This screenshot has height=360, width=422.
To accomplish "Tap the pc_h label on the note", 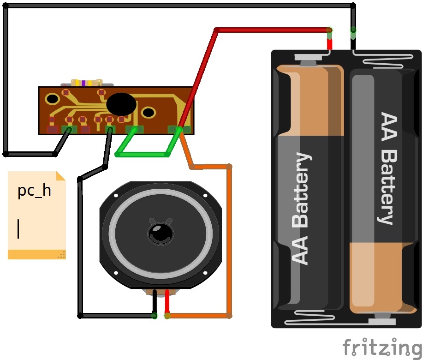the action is tap(34, 191).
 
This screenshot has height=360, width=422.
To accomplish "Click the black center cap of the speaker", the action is tap(160, 233).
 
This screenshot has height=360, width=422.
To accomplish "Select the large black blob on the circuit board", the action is tap(121, 103).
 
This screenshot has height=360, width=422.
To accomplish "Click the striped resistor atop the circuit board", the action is tap(87, 83).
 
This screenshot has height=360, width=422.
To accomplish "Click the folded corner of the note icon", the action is tap(61, 176).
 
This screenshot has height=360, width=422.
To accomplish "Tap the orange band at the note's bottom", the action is tap(36, 254).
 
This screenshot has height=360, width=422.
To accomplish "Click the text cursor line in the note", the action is tap(18, 229).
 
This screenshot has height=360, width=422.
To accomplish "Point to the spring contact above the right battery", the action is tap(384, 59).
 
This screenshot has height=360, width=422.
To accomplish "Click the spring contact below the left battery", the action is tap(309, 318).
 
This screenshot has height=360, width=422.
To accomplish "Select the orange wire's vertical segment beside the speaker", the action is tap(229, 241).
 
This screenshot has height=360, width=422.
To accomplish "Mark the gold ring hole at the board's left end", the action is tap(52, 99).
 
